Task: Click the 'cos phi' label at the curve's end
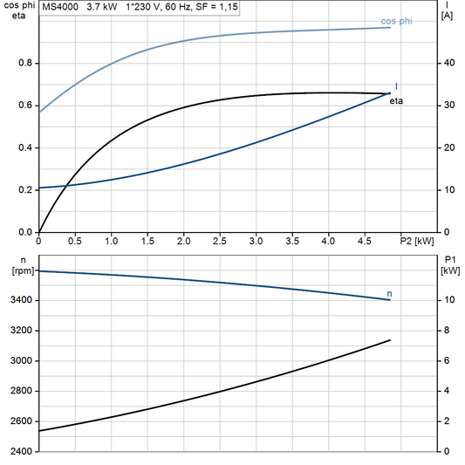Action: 397,21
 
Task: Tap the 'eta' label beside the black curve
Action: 396,101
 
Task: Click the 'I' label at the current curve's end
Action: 397,86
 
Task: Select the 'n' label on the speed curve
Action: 389,294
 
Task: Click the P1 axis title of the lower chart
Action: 450,259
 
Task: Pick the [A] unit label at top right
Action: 448,15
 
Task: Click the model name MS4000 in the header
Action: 60,6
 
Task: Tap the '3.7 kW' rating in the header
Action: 101,6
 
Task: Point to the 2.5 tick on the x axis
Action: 220,240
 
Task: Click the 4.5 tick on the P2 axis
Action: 364,240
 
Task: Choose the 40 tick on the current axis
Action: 448,64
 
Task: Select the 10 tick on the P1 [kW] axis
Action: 448,300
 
